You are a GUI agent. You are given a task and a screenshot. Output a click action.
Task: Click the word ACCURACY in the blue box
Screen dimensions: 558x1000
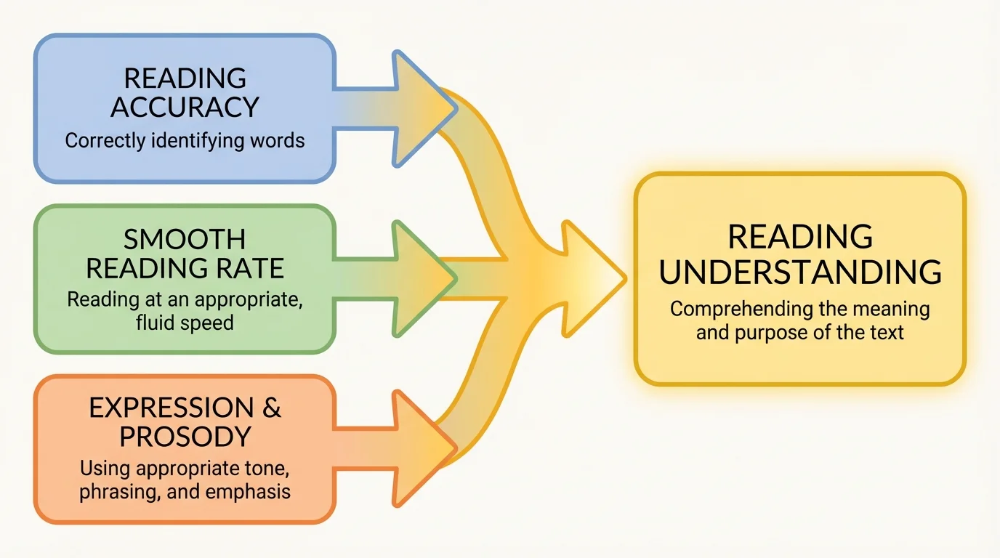(185, 107)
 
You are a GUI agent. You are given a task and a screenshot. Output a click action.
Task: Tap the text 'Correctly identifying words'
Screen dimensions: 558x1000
(185, 140)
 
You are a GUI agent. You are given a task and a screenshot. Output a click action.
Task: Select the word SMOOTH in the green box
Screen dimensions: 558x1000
(185, 239)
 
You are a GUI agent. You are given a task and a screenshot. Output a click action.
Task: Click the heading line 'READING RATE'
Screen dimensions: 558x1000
(185, 268)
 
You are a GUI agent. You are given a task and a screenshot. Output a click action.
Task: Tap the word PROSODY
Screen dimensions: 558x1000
(185, 437)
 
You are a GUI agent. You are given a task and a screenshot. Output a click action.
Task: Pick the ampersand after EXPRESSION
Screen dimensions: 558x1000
(272, 408)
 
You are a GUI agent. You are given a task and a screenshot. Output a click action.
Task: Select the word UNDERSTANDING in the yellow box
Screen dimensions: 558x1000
(800, 272)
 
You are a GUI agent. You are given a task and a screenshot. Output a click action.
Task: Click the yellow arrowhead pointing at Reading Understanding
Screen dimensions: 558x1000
(592, 276)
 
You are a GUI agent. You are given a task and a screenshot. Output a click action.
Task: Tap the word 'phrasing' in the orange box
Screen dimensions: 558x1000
(121, 491)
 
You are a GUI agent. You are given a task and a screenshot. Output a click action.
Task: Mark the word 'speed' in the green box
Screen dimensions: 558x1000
(207, 322)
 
